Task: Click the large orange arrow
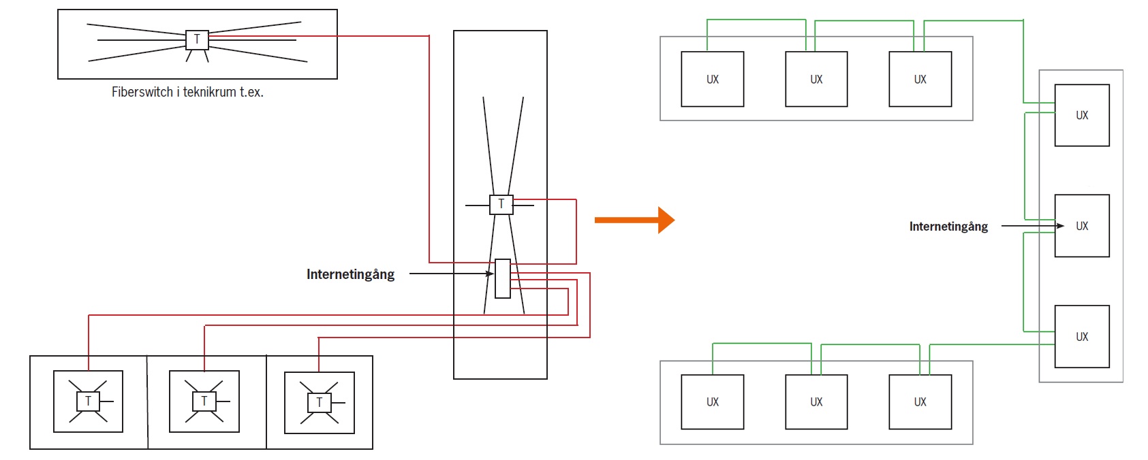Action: click(x=634, y=220)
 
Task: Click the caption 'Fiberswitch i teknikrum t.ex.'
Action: click(x=187, y=92)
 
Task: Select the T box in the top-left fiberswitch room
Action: click(x=197, y=39)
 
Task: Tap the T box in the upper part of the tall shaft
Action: click(x=501, y=205)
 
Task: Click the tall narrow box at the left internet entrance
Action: click(x=503, y=278)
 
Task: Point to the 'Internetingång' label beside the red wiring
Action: click(x=351, y=275)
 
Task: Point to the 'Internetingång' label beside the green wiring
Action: click(x=948, y=227)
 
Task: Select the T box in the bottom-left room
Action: click(x=88, y=401)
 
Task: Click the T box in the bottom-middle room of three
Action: click(x=204, y=401)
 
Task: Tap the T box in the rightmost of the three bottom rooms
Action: click(x=320, y=403)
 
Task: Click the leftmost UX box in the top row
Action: click(x=713, y=80)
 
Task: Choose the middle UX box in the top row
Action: click(x=816, y=80)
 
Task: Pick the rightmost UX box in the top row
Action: click(x=920, y=80)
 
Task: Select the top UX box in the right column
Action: click(x=1082, y=115)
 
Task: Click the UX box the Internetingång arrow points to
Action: click(x=1082, y=226)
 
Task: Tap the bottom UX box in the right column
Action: click(x=1082, y=337)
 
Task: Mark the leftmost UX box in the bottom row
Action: click(x=713, y=401)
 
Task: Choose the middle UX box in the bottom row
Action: click(x=816, y=401)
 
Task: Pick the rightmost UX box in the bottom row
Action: click(x=920, y=401)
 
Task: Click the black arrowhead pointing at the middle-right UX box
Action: click(x=1060, y=226)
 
